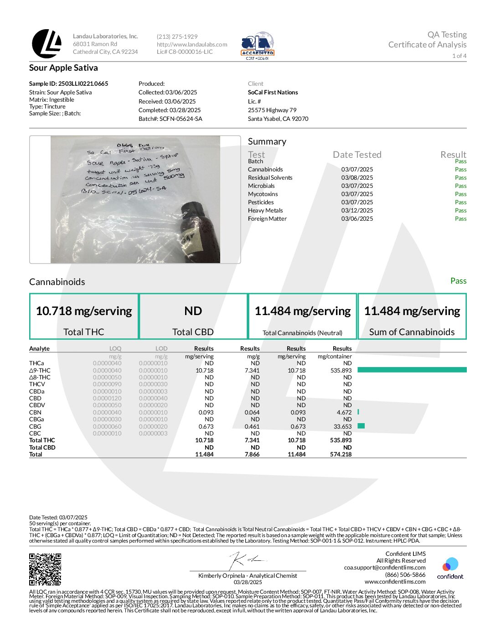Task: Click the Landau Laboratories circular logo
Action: (x=46, y=44)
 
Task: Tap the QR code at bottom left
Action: (x=45, y=569)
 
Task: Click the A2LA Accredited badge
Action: (x=258, y=46)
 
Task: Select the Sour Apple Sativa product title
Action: (x=63, y=68)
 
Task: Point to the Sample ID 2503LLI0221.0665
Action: (x=69, y=83)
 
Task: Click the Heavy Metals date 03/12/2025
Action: (x=357, y=211)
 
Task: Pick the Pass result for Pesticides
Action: (x=460, y=202)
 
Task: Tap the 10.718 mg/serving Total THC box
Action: (x=84, y=316)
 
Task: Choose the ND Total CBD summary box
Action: (x=193, y=316)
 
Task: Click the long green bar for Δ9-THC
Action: (x=412, y=370)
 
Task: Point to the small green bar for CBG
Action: (x=361, y=426)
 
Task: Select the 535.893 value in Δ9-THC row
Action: (x=341, y=371)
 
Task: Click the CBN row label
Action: (x=35, y=412)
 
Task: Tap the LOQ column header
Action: (x=115, y=348)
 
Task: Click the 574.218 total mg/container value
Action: (x=341, y=455)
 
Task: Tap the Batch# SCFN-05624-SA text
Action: (x=170, y=119)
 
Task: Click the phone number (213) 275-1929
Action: (x=177, y=36)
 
